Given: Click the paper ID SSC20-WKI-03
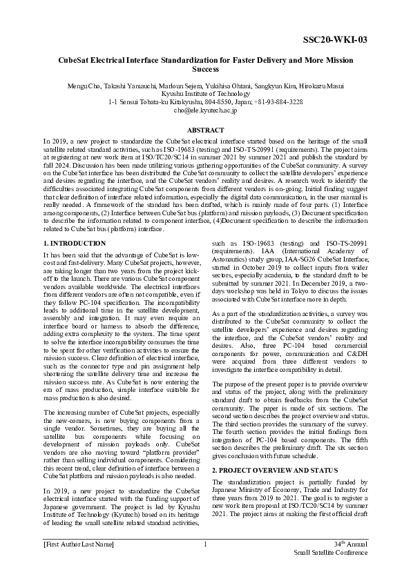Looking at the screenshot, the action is point(340,39).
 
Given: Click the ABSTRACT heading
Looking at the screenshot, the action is point(205,130).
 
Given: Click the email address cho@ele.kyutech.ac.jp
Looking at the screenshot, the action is point(205,109).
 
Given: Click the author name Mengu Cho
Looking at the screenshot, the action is point(84,85).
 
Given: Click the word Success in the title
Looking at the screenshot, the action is point(205,70).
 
